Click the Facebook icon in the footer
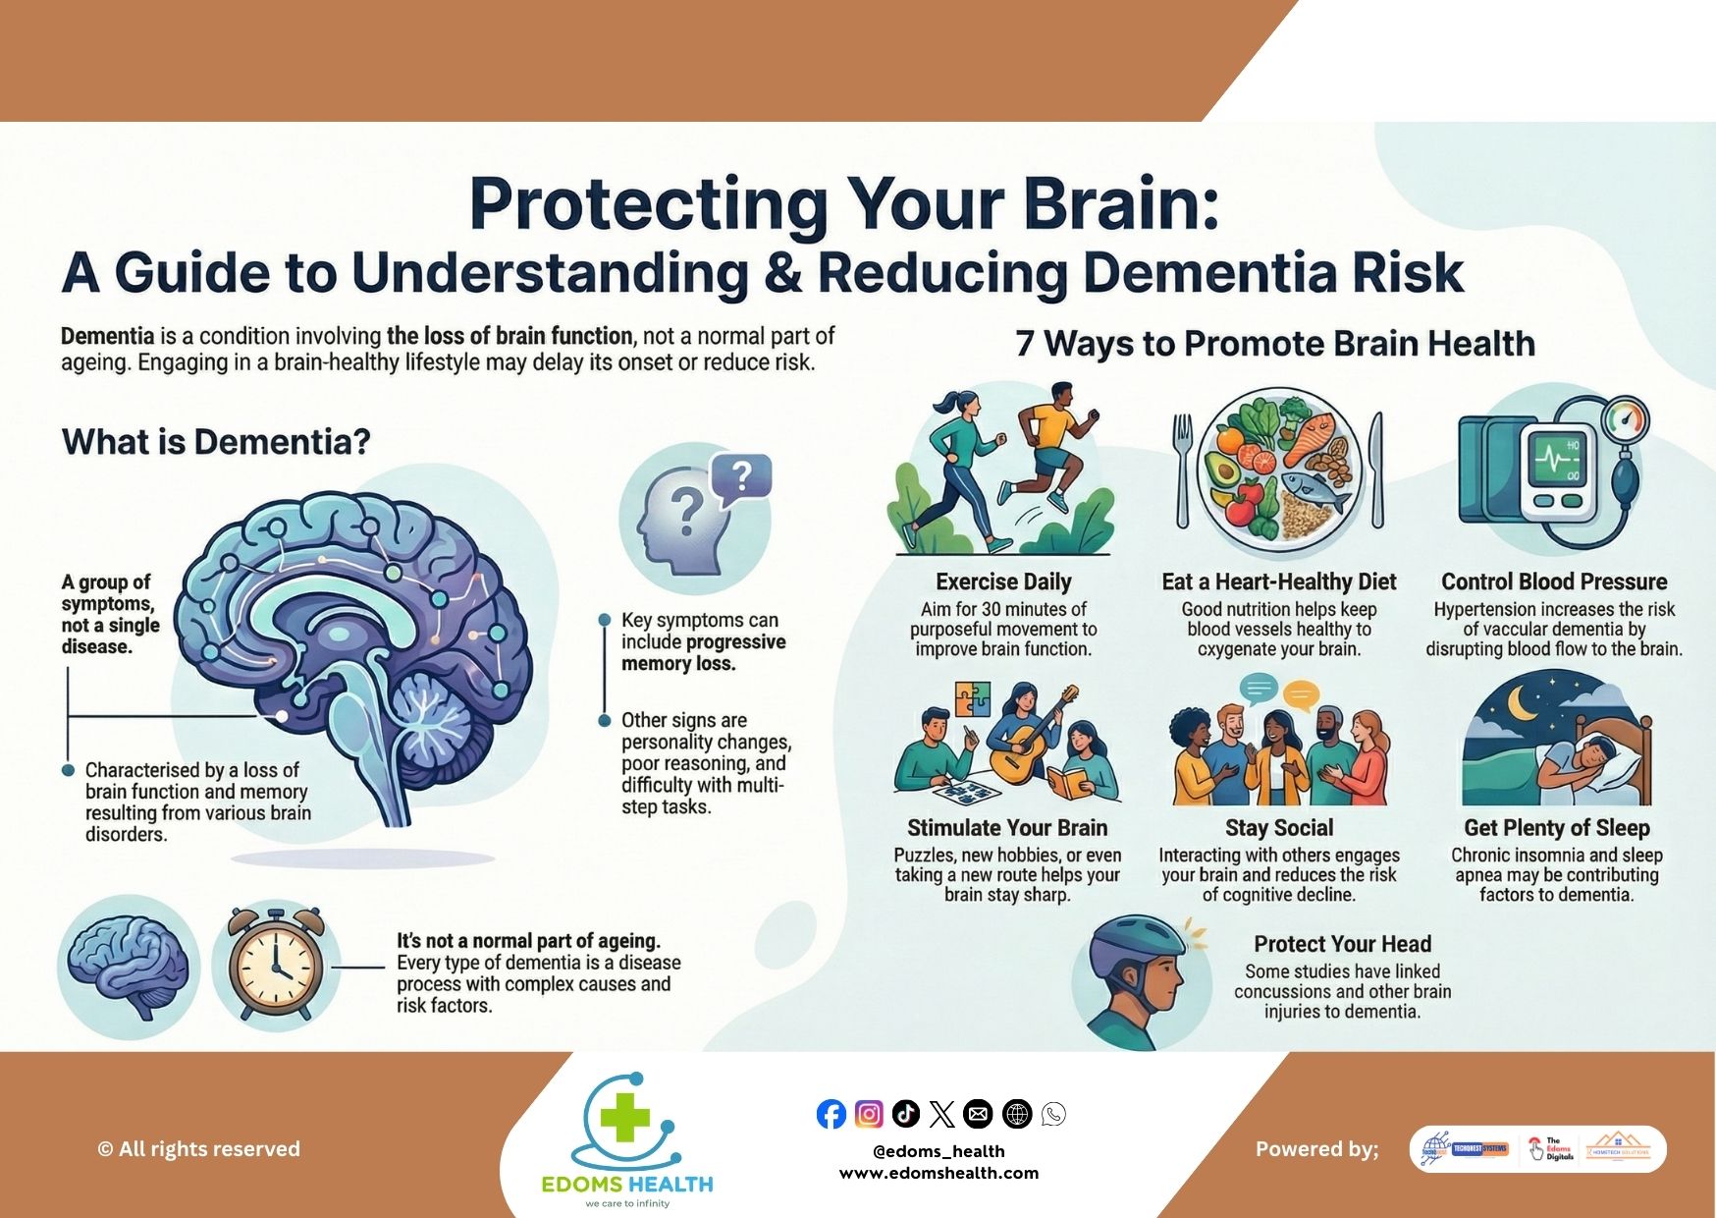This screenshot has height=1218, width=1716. click(831, 1114)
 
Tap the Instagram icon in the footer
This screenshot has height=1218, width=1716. click(869, 1114)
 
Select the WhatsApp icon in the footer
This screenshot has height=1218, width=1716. click(1053, 1114)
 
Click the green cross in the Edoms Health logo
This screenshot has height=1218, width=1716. click(625, 1118)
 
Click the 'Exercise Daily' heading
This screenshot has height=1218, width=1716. click(1003, 581)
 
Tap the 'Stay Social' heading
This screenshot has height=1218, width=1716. click(1278, 828)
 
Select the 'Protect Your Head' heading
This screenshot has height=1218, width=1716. click(1342, 944)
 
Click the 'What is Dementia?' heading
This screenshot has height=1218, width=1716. click(216, 442)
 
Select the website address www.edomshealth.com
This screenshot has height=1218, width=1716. click(938, 1173)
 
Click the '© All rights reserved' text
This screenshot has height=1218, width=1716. click(199, 1149)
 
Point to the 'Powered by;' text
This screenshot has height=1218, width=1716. click(1316, 1149)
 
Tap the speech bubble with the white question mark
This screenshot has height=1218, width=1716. click(742, 478)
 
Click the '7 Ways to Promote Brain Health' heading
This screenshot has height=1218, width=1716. click(1275, 344)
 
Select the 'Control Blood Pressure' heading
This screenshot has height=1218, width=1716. click(1554, 581)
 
